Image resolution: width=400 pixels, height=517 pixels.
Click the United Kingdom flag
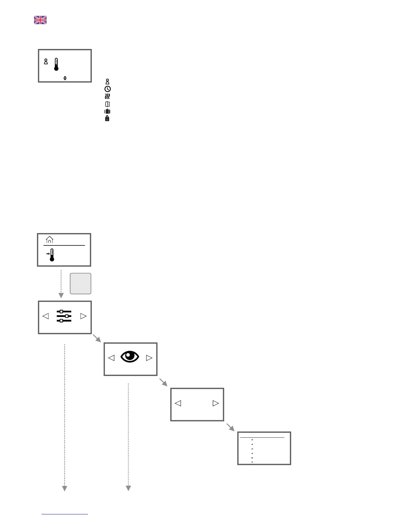(x=40, y=20)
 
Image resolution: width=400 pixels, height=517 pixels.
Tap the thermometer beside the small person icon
(x=56, y=64)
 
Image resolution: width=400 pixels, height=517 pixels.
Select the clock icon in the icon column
(x=108, y=89)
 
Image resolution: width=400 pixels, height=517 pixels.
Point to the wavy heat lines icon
(x=108, y=97)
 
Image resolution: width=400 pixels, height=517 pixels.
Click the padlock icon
(x=107, y=118)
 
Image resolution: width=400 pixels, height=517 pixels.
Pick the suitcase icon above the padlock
(x=107, y=111)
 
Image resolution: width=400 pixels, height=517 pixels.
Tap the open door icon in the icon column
(x=108, y=104)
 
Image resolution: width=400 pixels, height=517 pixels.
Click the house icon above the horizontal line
(x=50, y=240)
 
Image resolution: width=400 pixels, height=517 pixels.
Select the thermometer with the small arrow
(x=51, y=255)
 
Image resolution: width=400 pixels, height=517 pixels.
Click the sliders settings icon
(x=64, y=316)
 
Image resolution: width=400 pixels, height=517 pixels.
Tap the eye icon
(x=130, y=357)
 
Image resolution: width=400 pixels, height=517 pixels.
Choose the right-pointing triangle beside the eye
(x=149, y=358)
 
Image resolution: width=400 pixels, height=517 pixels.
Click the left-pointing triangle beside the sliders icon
(x=46, y=316)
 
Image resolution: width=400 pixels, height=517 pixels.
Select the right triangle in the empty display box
(x=216, y=403)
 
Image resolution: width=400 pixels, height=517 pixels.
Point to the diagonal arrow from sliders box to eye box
(x=97, y=338)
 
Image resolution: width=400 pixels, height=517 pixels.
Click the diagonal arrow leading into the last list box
(x=231, y=427)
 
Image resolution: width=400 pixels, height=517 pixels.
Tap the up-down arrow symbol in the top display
(x=65, y=78)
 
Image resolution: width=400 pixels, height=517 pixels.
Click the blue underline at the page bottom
(x=65, y=514)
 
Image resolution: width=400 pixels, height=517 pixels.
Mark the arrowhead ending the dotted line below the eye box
(x=128, y=488)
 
